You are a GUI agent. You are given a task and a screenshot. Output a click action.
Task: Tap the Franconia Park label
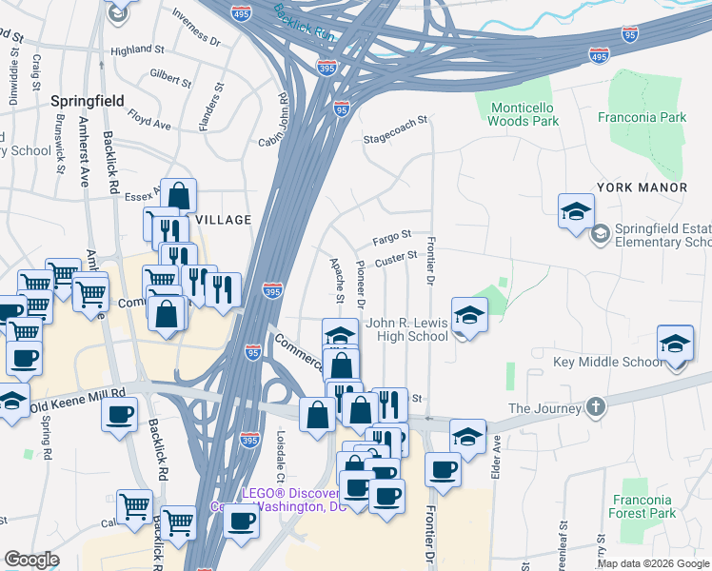click(x=642, y=118)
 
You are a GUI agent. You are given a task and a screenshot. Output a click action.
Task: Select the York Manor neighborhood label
click(x=641, y=187)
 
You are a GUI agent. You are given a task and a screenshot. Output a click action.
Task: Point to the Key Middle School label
click(x=607, y=363)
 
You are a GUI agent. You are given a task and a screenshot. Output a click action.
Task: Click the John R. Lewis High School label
click(x=413, y=329)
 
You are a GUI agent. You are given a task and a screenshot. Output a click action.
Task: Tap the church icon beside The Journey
click(x=596, y=407)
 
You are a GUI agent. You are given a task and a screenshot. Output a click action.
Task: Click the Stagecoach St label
click(x=395, y=137)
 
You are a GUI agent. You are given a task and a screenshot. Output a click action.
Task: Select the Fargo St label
click(x=391, y=235)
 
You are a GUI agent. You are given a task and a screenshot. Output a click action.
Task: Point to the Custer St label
click(x=397, y=257)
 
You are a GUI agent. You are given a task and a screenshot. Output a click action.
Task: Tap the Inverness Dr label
click(x=196, y=30)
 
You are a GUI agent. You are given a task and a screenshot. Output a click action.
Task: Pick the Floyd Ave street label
click(x=149, y=123)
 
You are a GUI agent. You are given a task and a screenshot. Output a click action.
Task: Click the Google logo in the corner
click(x=31, y=560)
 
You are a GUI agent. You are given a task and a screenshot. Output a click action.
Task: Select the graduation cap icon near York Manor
click(x=576, y=211)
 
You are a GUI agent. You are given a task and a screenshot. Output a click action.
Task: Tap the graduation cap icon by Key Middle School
click(x=675, y=343)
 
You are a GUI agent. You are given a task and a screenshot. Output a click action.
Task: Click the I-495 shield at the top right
click(x=599, y=57)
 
